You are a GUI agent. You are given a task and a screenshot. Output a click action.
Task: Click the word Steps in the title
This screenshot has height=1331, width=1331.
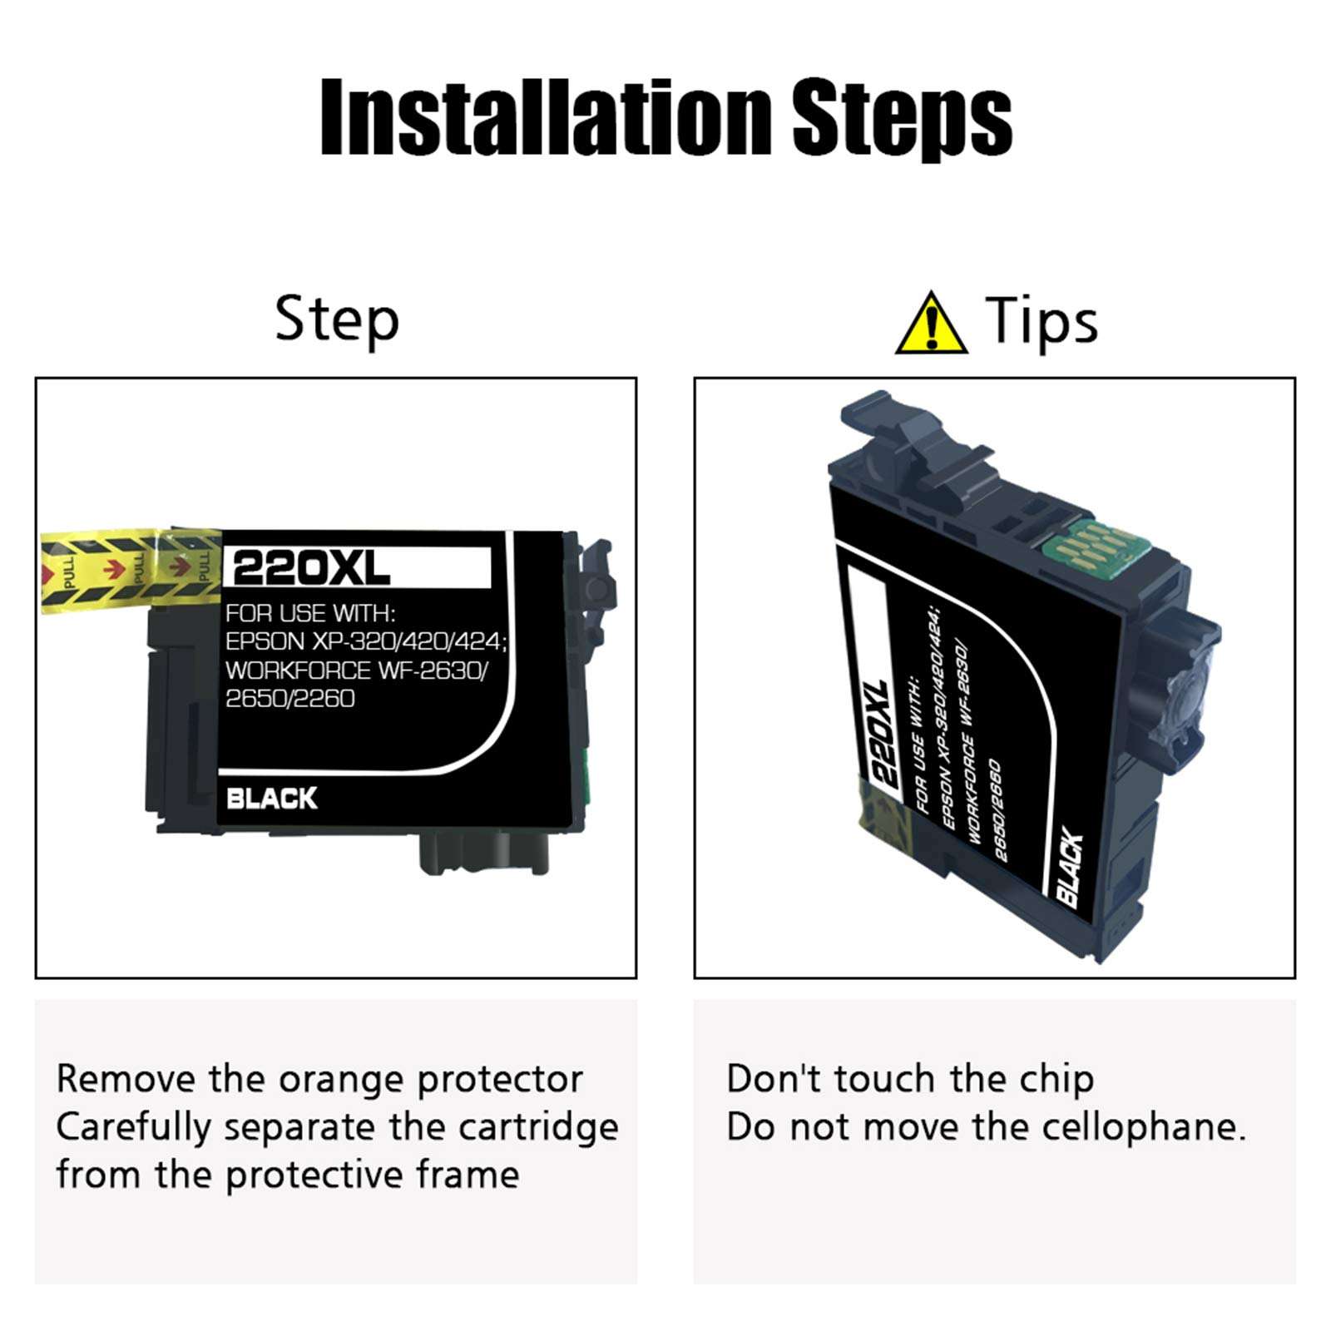click(x=903, y=118)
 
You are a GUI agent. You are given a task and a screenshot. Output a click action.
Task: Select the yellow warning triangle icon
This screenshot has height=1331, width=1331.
click(x=932, y=323)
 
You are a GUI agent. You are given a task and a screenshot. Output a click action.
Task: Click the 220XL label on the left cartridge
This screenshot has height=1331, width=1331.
click(x=311, y=569)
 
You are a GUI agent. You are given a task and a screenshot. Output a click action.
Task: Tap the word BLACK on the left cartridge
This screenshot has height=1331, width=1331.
click(x=271, y=799)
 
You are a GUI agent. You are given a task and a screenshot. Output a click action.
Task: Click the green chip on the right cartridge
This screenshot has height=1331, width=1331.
click(x=1080, y=550)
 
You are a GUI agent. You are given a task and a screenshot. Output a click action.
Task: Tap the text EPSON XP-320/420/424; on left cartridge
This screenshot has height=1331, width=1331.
click(x=367, y=641)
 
